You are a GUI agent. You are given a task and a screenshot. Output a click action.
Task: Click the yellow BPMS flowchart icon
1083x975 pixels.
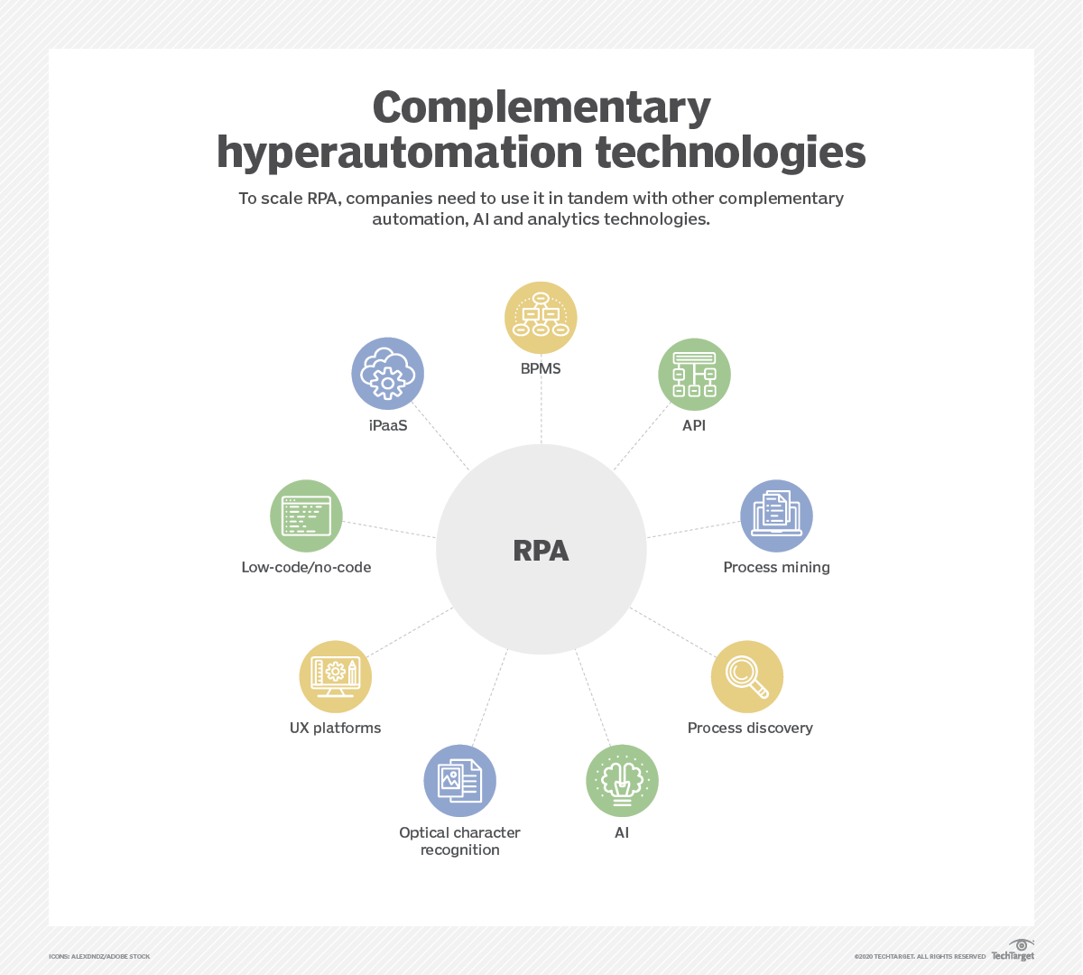tap(541, 318)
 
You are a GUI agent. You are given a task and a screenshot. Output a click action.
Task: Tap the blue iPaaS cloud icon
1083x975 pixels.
tap(388, 374)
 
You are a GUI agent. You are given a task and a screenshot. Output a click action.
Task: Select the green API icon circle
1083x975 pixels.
tap(694, 375)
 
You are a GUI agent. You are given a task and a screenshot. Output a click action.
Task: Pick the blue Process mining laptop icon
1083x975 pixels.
tap(776, 515)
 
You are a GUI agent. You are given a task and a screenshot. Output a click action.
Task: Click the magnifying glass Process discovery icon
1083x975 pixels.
tap(747, 677)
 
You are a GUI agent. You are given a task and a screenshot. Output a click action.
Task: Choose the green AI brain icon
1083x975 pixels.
tap(622, 781)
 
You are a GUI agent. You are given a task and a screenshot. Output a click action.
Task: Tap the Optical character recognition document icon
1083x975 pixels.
tap(460, 781)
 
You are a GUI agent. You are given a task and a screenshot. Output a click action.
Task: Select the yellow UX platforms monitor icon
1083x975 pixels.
tap(335, 677)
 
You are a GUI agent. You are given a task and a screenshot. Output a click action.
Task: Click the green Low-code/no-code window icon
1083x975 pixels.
tap(306, 515)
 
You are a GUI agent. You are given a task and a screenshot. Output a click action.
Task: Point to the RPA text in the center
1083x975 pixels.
tap(541, 551)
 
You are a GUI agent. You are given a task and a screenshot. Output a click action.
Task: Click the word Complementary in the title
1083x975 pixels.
tap(541, 108)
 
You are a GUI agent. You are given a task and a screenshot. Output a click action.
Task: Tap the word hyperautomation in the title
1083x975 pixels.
tap(400, 153)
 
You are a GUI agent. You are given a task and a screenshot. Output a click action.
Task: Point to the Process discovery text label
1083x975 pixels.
tap(750, 728)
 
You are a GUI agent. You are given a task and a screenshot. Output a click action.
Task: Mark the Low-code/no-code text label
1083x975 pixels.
tap(306, 567)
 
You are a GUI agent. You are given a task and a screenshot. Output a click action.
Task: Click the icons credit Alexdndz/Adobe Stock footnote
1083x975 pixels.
tap(99, 957)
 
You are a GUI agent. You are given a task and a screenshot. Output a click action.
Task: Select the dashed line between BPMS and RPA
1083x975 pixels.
tap(541, 411)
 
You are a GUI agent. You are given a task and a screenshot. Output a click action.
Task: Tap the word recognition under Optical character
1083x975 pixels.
tap(460, 850)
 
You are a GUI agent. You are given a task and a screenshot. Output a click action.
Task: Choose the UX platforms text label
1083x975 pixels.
tap(335, 729)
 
